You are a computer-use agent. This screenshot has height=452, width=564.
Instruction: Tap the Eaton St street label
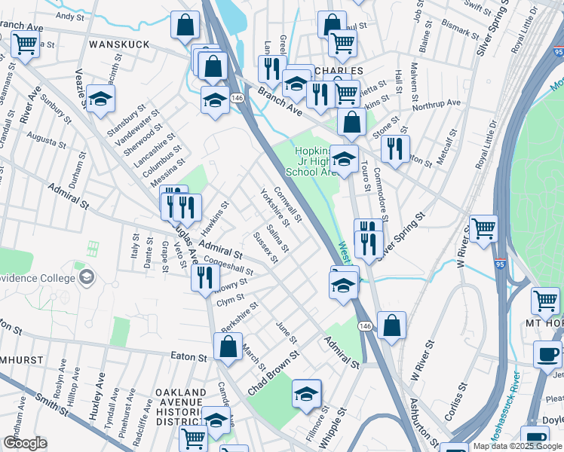[189, 356]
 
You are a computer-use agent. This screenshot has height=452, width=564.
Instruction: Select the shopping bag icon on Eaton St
[228, 347]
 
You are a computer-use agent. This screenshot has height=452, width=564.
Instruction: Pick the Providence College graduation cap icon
[87, 276]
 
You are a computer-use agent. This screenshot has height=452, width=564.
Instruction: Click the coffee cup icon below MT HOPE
[547, 354]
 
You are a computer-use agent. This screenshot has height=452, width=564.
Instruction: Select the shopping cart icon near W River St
[483, 228]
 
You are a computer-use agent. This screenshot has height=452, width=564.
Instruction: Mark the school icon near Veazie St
[100, 99]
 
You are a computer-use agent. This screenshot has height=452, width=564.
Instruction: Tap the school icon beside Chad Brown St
[306, 393]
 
